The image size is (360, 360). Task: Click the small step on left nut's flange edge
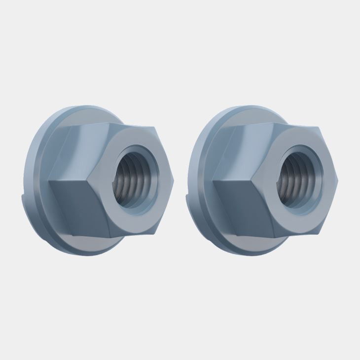[25, 197]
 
